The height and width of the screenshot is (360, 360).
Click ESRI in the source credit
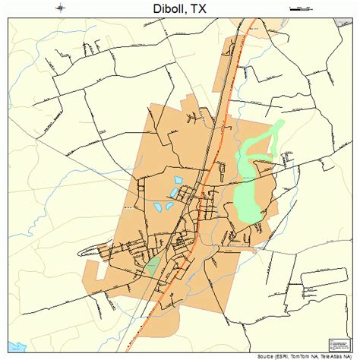pyautogui.click(x=279, y=355)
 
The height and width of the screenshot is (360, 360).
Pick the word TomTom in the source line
pyautogui.click(x=298, y=355)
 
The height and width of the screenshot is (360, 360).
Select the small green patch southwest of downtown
pyautogui.click(x=152, y=267)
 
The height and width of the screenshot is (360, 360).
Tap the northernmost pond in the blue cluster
pyautogui.click(x=178, y=181)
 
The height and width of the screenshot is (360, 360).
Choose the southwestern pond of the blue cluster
pyautogui.click(x=159, y=206)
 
